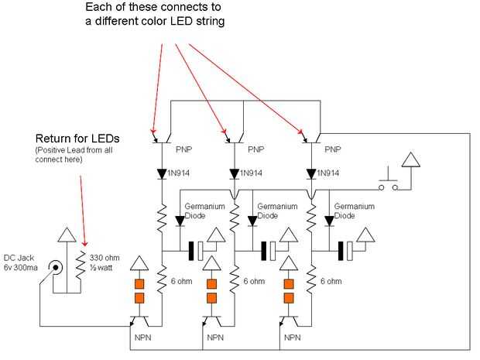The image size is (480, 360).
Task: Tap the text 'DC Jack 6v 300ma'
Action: pyautogui.click(x=22, y=262)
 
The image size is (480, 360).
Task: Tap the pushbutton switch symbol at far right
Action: pyautogui.click(x=385, y=183)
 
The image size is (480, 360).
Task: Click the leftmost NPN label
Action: pyautogui.click(x=140, y=338)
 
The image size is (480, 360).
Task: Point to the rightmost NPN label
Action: pyautogui.click(x=292, y=338)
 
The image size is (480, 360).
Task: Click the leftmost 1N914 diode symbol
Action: pyautogui.click(x=163, y=174)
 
